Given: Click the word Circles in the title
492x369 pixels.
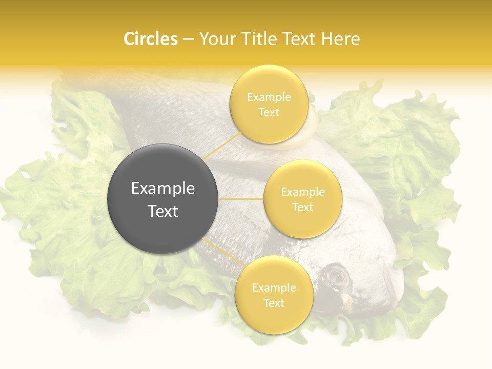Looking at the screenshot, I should coord(150,39).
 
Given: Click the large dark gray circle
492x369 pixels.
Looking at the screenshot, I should coord(162,199).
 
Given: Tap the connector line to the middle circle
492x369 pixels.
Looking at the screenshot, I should coord(241,199).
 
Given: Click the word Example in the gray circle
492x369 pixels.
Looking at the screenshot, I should coord(163,189).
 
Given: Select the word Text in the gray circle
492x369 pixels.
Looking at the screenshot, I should coord(163,211).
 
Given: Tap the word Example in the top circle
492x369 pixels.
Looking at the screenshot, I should coord(269,97).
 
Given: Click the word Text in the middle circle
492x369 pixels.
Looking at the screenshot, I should coord(302,207).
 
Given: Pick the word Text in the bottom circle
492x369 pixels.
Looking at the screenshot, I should coord(274,303).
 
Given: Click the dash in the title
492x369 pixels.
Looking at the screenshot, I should coord(188,39).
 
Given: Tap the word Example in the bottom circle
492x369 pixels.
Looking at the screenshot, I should coord(274,288).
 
